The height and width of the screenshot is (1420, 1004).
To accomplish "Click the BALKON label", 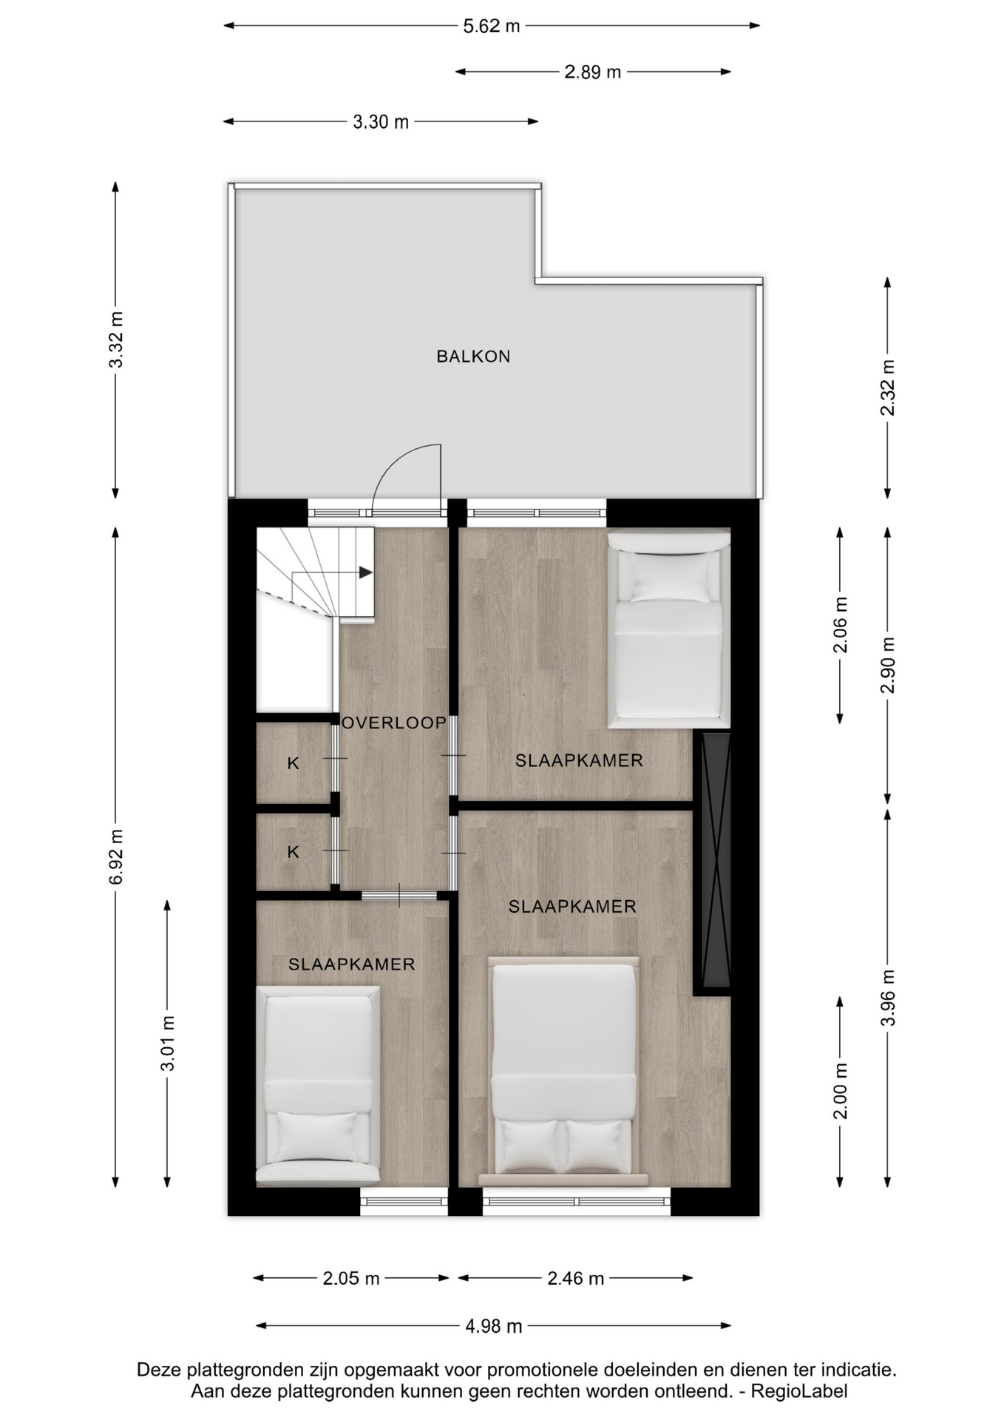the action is pos(473,356).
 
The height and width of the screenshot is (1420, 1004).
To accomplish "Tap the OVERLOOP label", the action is pos(394,723).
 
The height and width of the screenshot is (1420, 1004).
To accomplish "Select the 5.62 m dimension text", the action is pos(492,26).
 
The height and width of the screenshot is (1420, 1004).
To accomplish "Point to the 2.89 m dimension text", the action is pos(593,72).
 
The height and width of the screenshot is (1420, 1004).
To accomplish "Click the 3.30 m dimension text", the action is pos(381,122).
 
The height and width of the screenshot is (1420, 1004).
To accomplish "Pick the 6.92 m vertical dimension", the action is pos(115,856).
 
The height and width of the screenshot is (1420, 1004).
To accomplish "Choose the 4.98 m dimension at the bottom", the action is pos(494,1326).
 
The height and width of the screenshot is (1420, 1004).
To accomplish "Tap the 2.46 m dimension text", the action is pos(576,1278).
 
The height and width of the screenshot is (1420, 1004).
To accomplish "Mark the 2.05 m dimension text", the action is pos(351,1278).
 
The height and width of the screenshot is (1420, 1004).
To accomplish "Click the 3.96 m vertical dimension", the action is pos(888,998).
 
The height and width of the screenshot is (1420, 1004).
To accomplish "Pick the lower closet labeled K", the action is pos(294,852).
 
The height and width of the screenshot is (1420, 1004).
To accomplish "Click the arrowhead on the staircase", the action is pos(366,572).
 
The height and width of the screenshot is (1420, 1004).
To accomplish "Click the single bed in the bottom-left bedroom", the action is pos(318,1085).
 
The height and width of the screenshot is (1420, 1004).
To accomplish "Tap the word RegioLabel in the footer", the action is pos(799,1391).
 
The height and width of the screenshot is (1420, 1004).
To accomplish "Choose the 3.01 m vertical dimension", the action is pos(168,1043).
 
